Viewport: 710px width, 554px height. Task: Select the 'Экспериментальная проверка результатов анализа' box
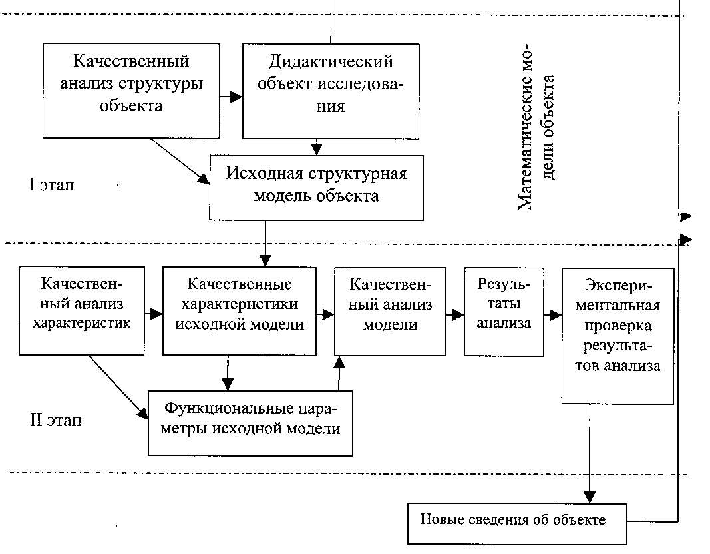(x=618, y=334)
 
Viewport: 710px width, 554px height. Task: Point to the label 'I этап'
(x=51, y=185)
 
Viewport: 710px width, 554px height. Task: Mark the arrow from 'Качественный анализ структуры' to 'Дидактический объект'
(x=231, y=97)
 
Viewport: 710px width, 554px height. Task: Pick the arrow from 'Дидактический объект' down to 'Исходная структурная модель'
(x=317, y=146)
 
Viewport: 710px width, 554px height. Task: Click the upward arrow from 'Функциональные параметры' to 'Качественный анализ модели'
(x=339, y=373)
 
